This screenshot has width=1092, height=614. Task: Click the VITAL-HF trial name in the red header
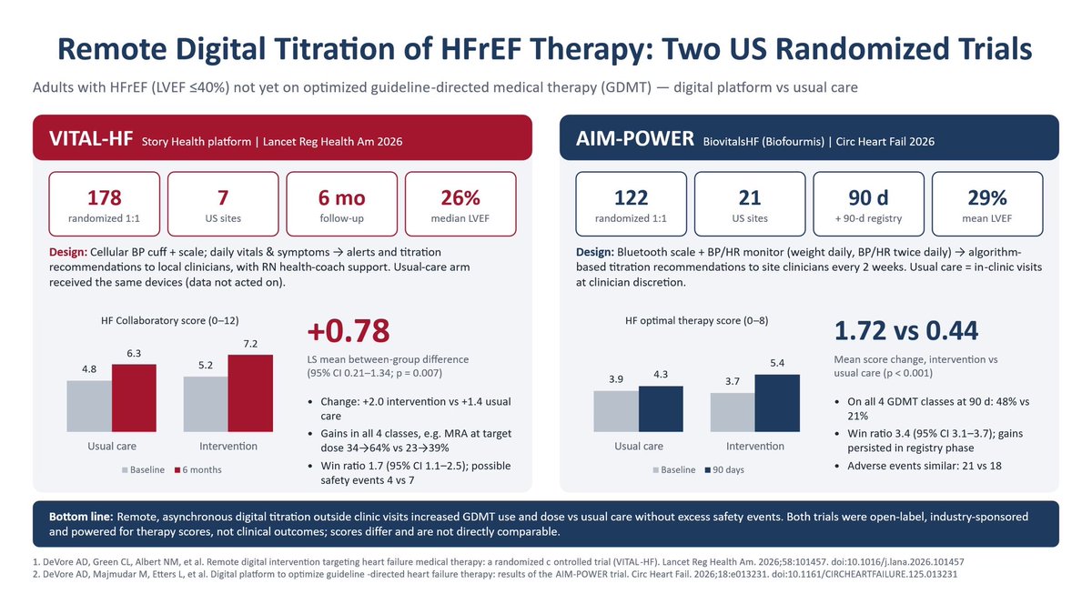pos(91,139)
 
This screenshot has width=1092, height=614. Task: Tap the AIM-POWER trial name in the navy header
pos(635,139)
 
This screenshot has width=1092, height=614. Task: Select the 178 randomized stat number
pos(105,198)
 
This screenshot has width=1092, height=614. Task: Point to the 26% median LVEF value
pos(460,198)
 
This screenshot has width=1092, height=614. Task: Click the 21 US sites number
pos(750,198)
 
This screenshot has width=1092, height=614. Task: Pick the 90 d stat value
pos(868,198)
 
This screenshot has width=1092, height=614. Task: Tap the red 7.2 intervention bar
pos(250,393)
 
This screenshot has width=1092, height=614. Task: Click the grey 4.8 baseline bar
pos(89,407)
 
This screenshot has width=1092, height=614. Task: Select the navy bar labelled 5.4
pos(777,403)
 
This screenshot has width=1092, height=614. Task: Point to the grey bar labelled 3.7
pos(733,412)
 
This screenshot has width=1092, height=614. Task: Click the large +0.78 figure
pos(348,330)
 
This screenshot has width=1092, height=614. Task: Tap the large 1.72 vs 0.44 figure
pos(905,330)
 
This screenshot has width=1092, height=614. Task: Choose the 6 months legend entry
pos(198,469)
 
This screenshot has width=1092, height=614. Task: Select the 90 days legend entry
pos(724,469)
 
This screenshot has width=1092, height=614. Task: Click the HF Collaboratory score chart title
pos(169,320)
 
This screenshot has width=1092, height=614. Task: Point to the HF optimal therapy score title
pos(697,320)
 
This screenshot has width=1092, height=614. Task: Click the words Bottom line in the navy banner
pos(81,517)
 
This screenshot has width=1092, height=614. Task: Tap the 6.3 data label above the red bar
pos(134,353)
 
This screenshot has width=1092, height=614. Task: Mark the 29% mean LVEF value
pos(987,198)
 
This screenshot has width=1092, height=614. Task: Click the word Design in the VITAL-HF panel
pos(68,253)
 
